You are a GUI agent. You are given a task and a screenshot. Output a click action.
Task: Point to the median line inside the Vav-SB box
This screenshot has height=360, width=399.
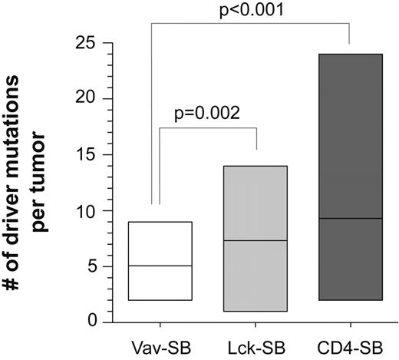(x=160, y=266)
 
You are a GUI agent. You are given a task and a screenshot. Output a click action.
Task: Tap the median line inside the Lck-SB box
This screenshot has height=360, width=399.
(x=256, y=241)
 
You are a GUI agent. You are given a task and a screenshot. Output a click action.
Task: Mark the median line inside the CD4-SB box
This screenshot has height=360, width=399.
(x=351, y=219)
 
